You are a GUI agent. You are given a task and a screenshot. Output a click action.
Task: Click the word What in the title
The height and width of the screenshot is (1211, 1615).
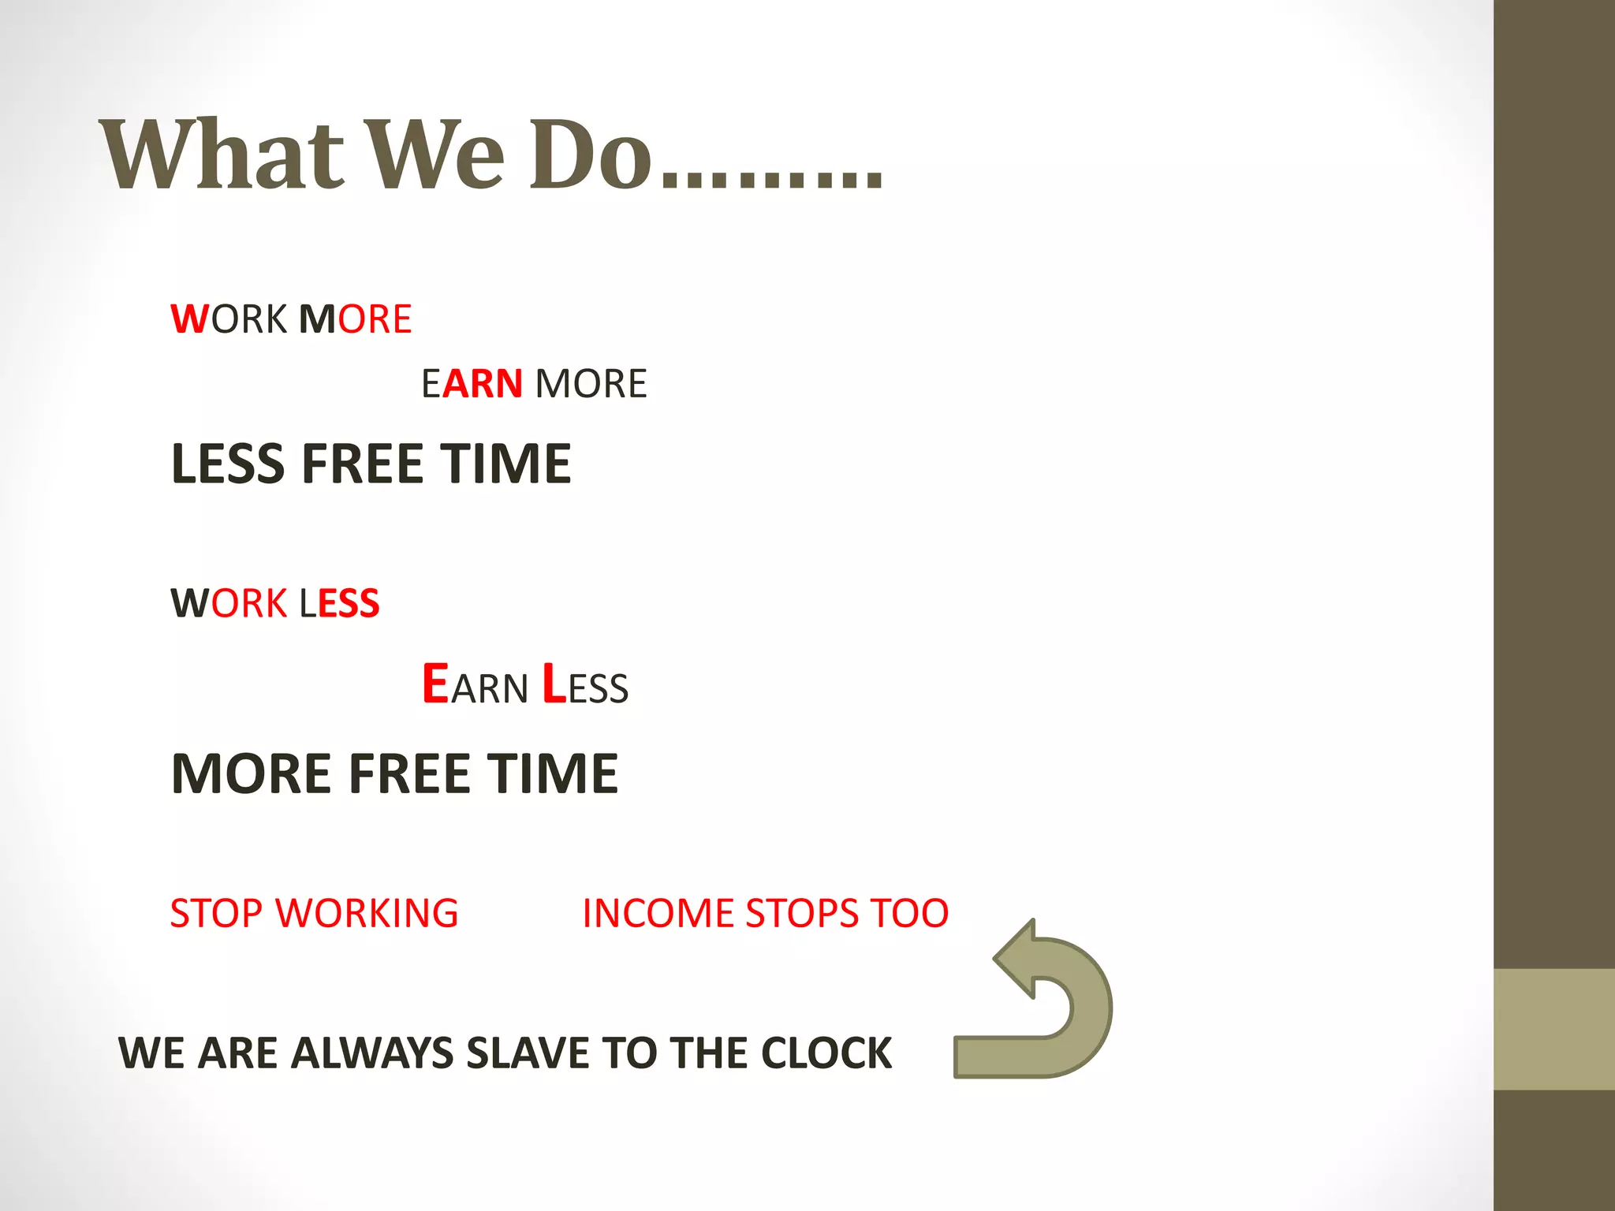pos(222,155)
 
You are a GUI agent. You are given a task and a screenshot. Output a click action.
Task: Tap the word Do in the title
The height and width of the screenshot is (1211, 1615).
pos(591,155)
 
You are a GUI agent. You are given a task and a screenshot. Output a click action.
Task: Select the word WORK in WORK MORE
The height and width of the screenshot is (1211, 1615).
pos(229,319)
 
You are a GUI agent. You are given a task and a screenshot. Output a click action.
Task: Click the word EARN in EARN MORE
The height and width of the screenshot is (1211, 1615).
pos(472,384)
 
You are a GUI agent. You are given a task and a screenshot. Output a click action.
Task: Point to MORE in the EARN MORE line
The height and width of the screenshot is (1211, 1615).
pos(591,384)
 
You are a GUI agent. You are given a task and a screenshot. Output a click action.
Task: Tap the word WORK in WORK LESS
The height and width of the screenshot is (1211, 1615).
pos(229,604)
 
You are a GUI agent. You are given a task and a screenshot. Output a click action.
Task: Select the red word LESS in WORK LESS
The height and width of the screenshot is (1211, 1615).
pos(339,604)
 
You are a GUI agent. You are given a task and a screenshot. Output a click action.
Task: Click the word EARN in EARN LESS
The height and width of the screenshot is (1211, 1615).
pos(475,685)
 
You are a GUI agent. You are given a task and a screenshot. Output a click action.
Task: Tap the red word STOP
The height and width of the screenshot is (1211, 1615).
pos(216,914)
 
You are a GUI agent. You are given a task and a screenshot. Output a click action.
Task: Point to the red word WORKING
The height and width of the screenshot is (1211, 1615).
pos(367,914)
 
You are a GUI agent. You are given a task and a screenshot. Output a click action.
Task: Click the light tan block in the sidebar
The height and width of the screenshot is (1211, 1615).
pos(1553,1029)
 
